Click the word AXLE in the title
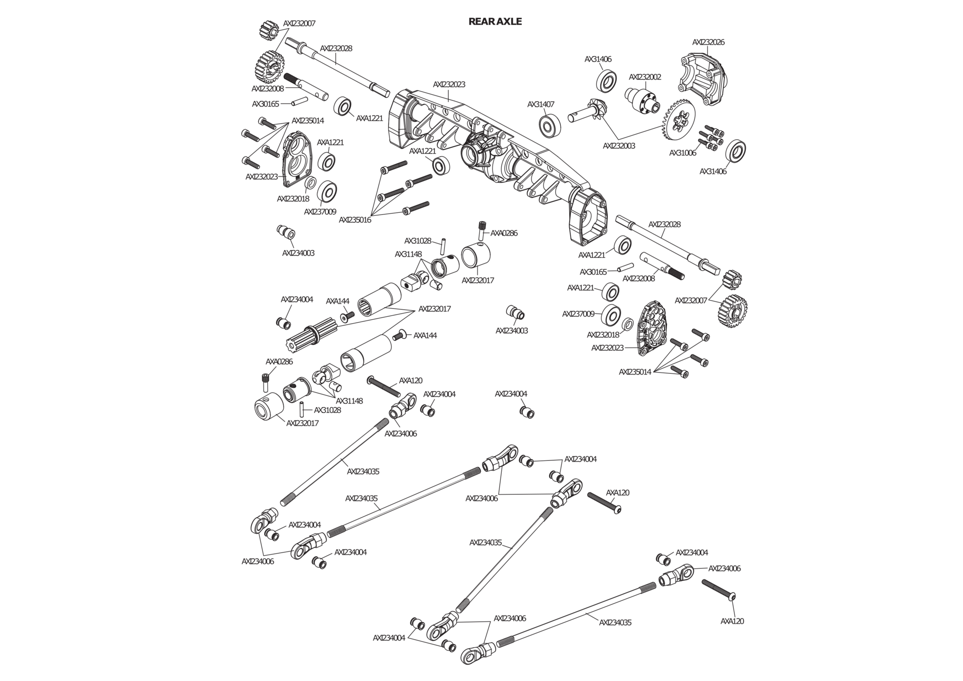(x=508, y=22)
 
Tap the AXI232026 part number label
(x=708, y=42)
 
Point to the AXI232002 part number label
(x=645, y=77)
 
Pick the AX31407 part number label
(x=541, y=104)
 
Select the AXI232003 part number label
(x=619, y=145)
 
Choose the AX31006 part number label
(x=683, y=153)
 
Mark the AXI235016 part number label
(x=355, y=220)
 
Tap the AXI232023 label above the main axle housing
(x=449, y=84)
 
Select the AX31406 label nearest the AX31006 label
(x=713, y=171)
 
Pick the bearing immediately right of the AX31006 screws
(x=735, y=150)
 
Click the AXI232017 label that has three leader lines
(x=434, y=309)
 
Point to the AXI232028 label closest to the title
(x=336, y=48)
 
